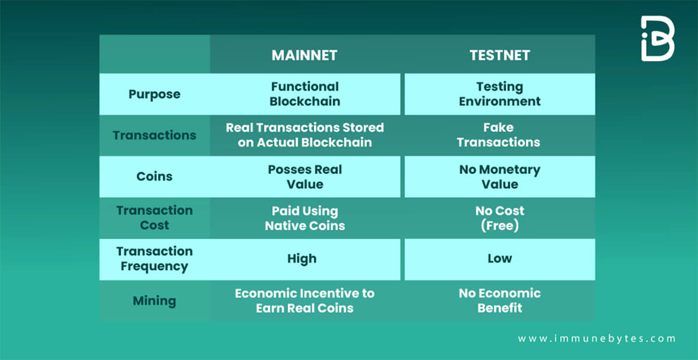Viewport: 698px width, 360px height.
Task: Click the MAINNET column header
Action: click(x=304, y=55)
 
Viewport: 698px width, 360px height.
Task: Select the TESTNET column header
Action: click(x=500, y=55)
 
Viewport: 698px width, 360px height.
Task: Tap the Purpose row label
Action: click(x=155, y=94)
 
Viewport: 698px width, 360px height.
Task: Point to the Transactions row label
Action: click(x=155, y=136)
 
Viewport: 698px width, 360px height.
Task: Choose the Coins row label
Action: click(x=155, y=176)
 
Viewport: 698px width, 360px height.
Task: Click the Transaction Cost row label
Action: click(x=155, y=218)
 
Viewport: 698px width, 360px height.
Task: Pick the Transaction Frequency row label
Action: click(x=155, y=259)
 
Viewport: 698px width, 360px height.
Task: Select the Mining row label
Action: click(x=155, y=301)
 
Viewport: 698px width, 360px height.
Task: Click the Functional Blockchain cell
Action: click(x=305, y=94)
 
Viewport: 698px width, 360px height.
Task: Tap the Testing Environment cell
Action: click(x=500, y=94)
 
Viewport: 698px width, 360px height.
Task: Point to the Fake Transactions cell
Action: click(x=498, y=135)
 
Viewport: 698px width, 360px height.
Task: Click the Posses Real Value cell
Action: click(x=305, y=177)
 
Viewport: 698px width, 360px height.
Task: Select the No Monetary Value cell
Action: click(x=500, y=177)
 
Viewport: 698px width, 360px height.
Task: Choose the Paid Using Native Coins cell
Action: click(x=305, y=218)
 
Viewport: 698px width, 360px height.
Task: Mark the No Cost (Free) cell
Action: click(x=500, y=218)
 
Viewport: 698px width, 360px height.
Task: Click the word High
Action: click(x=302, y=259)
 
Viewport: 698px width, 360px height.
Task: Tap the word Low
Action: click(x=500, y=258)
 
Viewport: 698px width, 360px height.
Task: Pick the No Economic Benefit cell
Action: click(x=500, y=301)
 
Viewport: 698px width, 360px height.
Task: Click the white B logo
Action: click(x=657, y=38)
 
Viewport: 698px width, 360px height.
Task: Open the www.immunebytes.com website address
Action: click(x=597, y=338)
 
